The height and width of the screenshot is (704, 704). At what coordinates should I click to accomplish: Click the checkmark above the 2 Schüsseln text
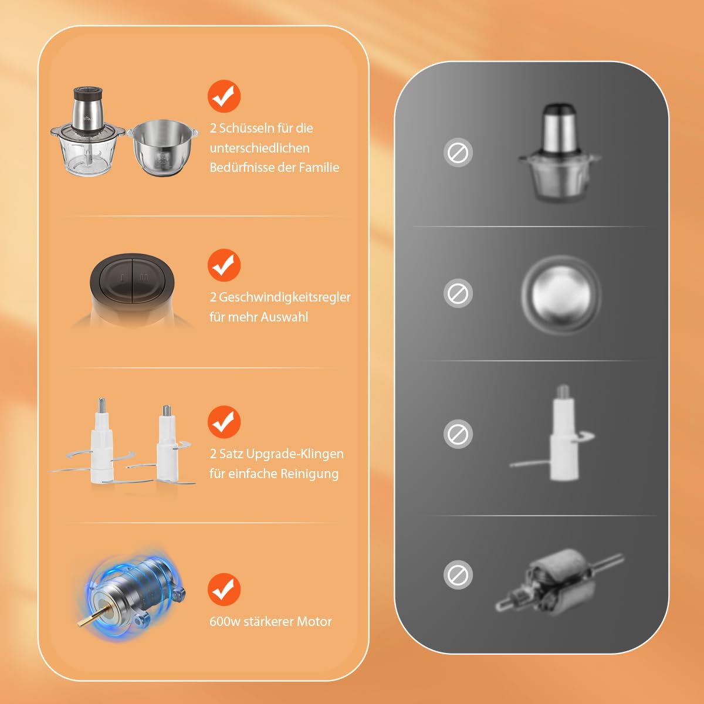click(x=224, y=96)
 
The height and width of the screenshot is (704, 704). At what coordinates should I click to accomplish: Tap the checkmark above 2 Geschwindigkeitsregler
click(x=224, y=265)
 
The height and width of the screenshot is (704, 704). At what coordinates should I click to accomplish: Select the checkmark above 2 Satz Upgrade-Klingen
click(x=224, y=422)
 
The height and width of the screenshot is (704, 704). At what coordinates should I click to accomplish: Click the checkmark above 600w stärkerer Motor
click(x=224, y=589)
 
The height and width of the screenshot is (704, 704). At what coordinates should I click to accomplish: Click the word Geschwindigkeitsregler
click(x=285, y=297)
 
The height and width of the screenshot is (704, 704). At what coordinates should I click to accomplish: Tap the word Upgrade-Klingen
click(x=295, y=454)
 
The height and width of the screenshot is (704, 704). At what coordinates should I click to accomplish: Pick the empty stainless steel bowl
click(x=163, y=148)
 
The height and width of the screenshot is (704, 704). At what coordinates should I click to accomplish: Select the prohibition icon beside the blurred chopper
click(x=458, y=153)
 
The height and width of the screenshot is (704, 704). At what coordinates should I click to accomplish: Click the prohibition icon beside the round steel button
click(x=458, y=293)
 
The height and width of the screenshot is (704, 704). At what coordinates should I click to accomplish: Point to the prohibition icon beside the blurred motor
click(x=458, y=575)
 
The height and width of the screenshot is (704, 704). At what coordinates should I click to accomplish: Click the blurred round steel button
click(x=561, y=294)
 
